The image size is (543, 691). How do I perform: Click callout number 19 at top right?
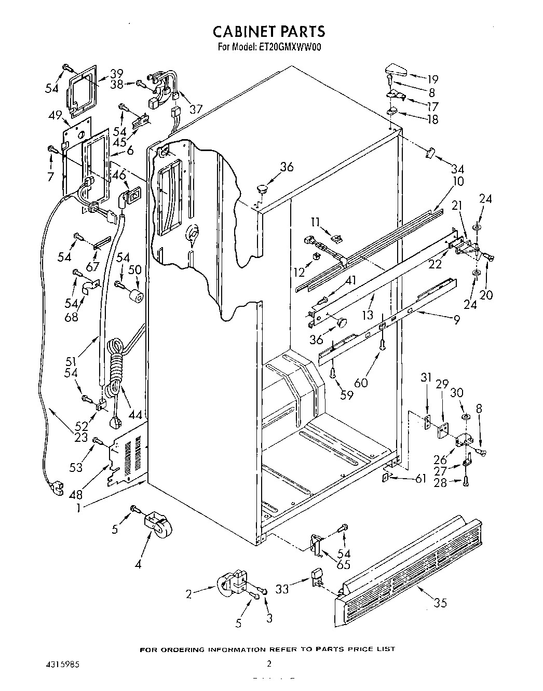coord(432,79)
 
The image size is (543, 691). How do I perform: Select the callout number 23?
coord(80,437)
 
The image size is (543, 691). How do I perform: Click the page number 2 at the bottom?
coord(269,663)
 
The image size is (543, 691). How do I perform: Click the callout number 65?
coord(343,565)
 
